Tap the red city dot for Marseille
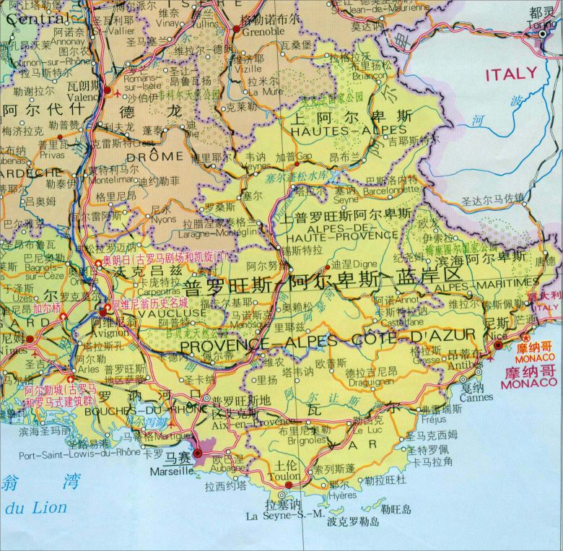[x=198, y=453]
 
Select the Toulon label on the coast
[x=283, y=477]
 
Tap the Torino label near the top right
[x=543, y=23]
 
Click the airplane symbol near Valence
[x=108, y=91]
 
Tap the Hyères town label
[x=342, y=495]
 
